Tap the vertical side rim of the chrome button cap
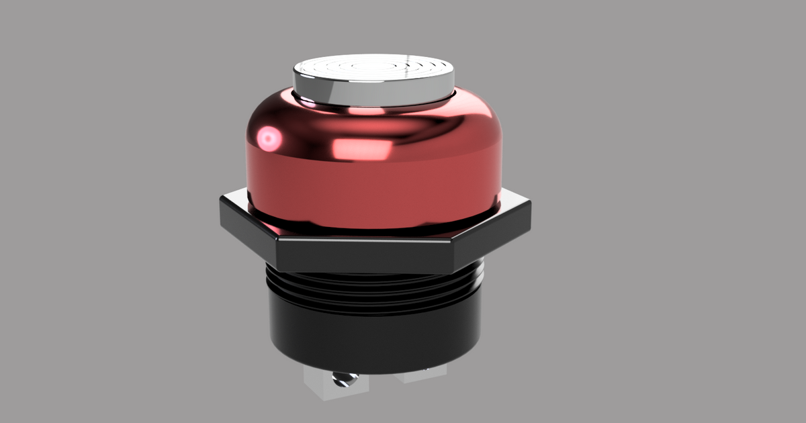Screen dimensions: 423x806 [373, 93]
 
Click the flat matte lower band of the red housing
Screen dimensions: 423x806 [376, 191]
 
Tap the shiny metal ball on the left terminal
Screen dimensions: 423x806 [342, 381]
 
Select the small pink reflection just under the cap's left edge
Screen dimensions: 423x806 [310, 102]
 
